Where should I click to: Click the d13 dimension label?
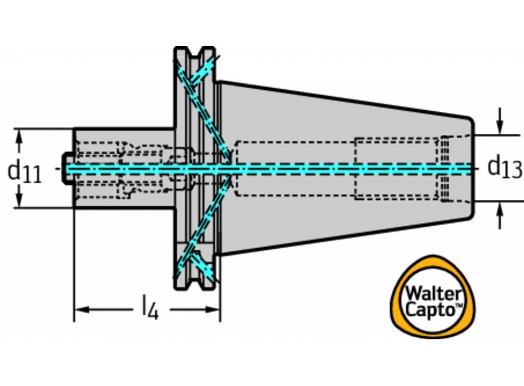(504, 167)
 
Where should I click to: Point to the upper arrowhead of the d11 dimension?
(20, 135)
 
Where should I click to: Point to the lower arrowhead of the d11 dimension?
(20, 201)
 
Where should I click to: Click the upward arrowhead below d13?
(501, 209)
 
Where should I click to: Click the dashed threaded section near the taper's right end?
(444, 168)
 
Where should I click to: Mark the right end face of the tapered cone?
(473, 168)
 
